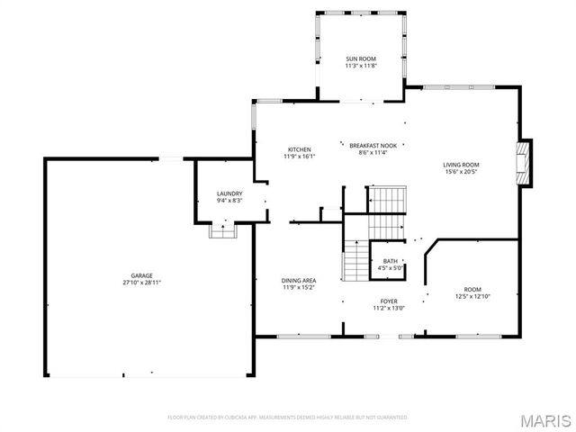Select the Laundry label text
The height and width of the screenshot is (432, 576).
tap(229, 193)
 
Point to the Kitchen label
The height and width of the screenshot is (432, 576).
tap(299, 149)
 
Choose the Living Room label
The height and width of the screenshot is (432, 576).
tap(460, 165)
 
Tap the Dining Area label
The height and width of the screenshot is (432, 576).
tap(299, 282)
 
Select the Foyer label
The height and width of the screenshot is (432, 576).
tap(389, 301)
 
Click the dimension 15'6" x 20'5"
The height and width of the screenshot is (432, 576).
tap(460, 172)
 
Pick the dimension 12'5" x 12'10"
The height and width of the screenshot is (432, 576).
tap(472, 296)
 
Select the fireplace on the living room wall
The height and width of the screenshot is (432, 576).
tap(525, 163)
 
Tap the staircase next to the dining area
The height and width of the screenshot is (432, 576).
tap(355, 263)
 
